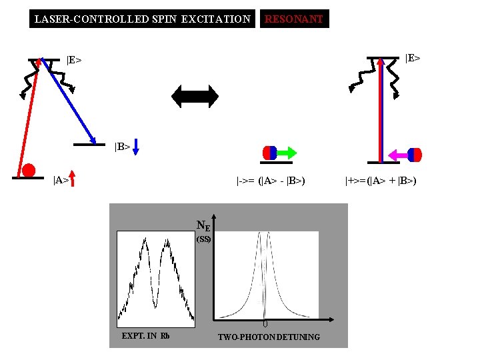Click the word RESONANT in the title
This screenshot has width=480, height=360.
tap(294, 19)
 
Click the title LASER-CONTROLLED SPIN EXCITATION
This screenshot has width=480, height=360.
tap(142, 19)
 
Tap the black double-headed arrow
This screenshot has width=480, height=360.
tap(195, 95)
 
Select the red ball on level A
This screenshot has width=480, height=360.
tap(29, 169)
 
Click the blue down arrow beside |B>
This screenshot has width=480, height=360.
tap(135, 146)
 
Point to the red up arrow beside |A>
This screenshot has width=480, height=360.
tap(73, 179)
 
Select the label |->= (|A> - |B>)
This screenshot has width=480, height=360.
tap(271, 180)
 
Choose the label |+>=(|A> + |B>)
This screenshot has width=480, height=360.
tap(381, 180)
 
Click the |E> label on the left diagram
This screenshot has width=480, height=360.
tap(74, 60)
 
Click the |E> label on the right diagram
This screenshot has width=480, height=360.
tap(412, 58)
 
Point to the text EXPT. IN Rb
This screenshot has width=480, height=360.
tap(145, 335)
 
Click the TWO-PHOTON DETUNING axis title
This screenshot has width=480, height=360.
tap(269, 337)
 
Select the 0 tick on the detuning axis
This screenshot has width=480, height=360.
tap(265, 324)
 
